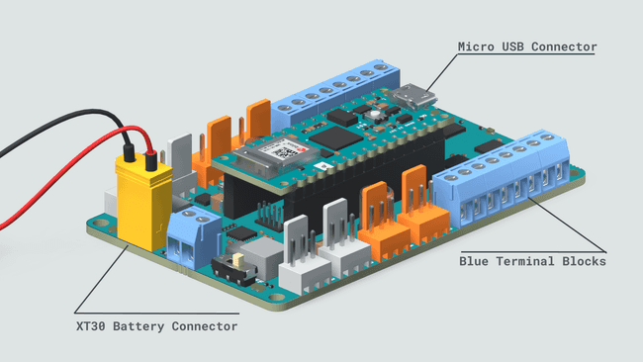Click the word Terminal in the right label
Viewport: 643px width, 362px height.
point(531,262)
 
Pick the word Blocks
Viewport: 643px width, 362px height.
point(585,262)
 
